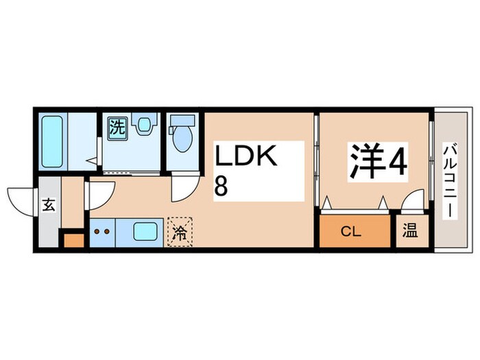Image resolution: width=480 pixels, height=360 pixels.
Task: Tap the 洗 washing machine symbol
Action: [x=118, y=127]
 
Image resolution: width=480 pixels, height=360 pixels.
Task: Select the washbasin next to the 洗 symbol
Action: [x=143, y=127]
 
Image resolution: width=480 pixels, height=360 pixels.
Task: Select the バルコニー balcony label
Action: [x=449, y=180]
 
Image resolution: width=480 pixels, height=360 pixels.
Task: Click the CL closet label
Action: [x=352, y=232]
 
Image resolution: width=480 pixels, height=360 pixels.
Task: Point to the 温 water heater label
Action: [x=409, y=232]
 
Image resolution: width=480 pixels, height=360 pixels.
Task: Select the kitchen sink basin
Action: [x=145, y=230]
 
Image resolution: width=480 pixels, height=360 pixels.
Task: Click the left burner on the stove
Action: [x=97, y=231]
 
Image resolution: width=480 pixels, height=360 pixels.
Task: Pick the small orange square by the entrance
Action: [x=73, y=240]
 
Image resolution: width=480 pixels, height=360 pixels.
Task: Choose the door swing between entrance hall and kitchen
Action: [x=98, y=194]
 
